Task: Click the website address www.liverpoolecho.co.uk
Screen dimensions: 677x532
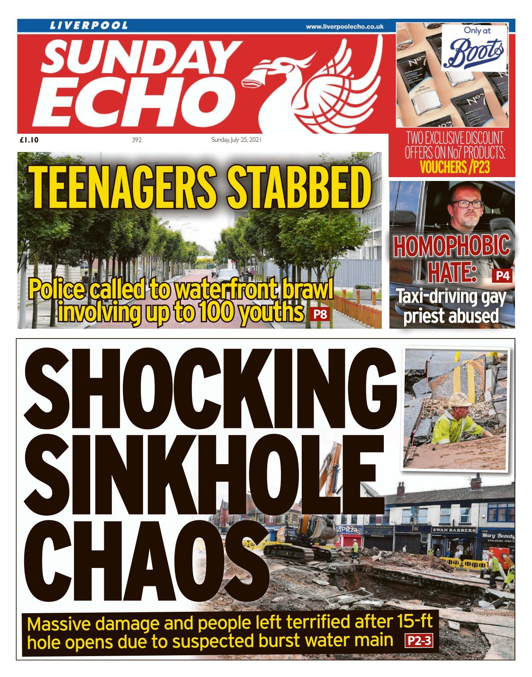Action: (x=344, y=26)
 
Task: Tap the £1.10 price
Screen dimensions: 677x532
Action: (x=29, y=140)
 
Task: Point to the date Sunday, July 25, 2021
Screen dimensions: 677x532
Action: (x=236, y=140)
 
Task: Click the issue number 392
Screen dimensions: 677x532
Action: (x=137, y=140)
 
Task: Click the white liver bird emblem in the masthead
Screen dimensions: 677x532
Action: (x=315, y=81)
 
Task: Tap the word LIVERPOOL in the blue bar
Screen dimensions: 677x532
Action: (x=89, y=26)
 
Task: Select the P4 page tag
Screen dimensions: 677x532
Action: (x=503, y=276)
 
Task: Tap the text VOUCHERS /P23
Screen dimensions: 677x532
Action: (x=455, y=167)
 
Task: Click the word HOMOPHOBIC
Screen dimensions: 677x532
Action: (x=451, y=246)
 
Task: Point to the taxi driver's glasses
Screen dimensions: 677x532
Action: (x=467, y=204)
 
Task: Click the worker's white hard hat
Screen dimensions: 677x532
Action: (x=460, y=399)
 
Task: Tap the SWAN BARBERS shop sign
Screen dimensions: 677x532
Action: (x=454, y=530)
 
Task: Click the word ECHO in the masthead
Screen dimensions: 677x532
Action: (x=136, y=102)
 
